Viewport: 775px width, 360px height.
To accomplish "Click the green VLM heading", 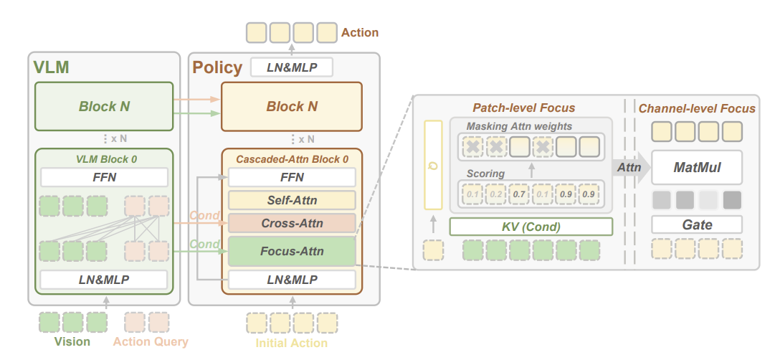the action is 51,67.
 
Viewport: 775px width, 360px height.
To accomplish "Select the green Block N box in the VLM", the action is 104,106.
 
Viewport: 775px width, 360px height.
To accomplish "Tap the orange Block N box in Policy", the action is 292,106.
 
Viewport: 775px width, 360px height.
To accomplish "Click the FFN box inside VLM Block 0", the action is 104,177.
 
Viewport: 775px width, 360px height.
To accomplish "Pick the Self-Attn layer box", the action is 292,200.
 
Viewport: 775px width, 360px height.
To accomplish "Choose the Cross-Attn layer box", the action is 292,223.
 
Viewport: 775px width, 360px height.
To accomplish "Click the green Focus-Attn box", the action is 292,251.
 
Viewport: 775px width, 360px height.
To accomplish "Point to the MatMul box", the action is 697,167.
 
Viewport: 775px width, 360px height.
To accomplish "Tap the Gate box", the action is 697,224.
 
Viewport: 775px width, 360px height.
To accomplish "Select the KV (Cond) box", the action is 531,227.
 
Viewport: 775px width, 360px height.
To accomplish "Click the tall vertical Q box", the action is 434,165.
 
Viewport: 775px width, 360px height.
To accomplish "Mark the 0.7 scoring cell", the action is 519,194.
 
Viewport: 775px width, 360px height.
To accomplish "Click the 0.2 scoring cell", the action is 495,194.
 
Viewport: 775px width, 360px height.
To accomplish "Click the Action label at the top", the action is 360,33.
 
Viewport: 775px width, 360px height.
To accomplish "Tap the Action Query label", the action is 151,341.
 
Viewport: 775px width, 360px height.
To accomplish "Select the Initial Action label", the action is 292,343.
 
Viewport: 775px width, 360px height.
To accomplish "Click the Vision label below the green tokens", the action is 72,341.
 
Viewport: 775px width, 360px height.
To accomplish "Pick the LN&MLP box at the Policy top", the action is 292,67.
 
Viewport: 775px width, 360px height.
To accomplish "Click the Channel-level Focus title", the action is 697,108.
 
